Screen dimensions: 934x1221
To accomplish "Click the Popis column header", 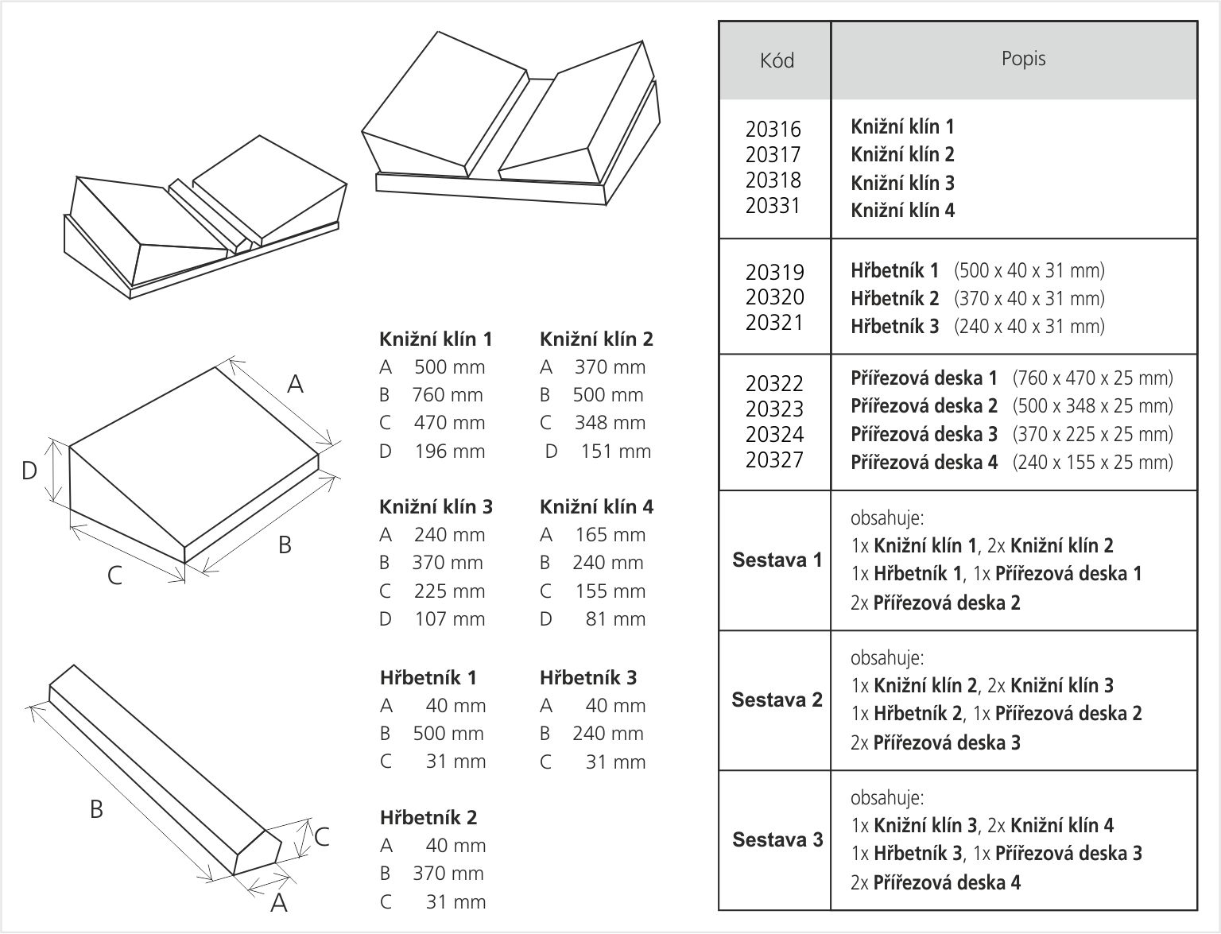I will pyautogui.click(x=1023, y=59).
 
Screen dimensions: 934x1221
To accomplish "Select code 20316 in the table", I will pyautogui.click(x=773, y=129).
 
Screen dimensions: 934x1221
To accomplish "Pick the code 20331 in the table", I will pyautogui.click(x=773, y=205).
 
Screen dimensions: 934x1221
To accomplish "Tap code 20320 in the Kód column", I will pyautogui.click(x=774, y=297).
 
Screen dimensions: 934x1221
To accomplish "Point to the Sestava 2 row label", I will pyautogui.click(x=777, y=700).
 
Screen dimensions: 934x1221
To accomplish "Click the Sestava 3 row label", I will pyautogui.click(x=777, y=840).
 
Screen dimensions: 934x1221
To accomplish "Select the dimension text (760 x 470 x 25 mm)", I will pyautogui.click(x=1092, y=378).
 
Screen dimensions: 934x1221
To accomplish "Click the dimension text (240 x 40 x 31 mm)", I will pyautogui.click(x=1029, y=327).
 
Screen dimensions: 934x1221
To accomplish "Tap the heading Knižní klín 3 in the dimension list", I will pyautogui.click(x=436, y=507).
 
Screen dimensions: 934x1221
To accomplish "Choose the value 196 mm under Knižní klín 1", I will pyautogui.click(x=449, y=451).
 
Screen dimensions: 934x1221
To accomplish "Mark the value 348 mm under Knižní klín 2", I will pyautogui.click(x=610, y=423).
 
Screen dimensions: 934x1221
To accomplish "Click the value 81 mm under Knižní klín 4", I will pyautogui.click(x=615, y=619).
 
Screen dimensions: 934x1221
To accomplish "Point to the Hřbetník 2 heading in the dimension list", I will pyautogui.click(x=428, y=818).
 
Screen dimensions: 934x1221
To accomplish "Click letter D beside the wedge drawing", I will pyautogui.click(x=29, y=471).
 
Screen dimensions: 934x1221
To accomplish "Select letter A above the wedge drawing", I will pyautogui.click(x=295, y=385).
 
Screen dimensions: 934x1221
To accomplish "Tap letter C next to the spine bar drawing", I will pyautogui.click(x=322, y=838).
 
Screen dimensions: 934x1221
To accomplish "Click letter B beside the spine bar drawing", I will pyautogui.click(x=96, y=810).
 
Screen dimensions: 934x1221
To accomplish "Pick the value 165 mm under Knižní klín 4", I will pyautogui.click(x=610, y=535).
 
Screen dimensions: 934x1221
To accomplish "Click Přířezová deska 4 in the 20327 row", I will pyautogui.click(x=924, y=463).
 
